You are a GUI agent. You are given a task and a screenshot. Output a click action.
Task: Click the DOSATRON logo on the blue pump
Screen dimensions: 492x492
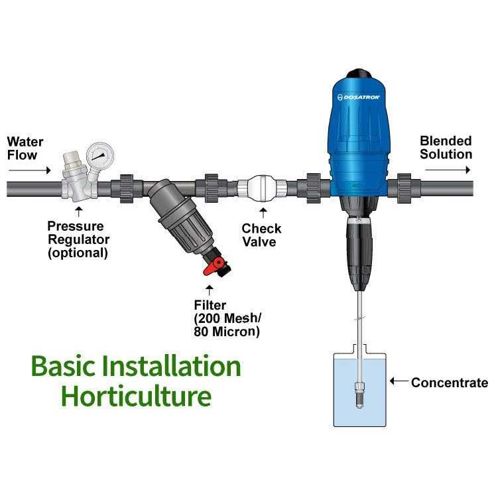[358, 97]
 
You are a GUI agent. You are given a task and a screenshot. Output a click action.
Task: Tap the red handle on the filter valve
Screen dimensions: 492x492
[213, 267]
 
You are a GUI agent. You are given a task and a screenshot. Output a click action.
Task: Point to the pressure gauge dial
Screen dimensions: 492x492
[99, 155]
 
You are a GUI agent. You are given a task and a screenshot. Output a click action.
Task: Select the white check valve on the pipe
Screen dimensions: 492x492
[262, 188]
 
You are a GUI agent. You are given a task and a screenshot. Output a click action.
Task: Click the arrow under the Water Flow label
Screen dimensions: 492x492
[29, 170]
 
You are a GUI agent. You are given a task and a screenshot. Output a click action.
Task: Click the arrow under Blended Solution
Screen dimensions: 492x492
[448, 170]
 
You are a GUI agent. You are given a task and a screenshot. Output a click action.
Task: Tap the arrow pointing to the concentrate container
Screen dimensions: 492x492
[399, 381]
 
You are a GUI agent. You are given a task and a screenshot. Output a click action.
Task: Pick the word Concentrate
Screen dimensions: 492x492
[450, 383]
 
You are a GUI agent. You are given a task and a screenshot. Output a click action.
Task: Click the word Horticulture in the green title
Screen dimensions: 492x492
[136, 396]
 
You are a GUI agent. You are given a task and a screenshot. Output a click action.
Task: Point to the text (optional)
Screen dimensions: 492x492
[78, 253]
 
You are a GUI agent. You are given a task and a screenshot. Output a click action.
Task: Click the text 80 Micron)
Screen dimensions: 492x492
[227, 332]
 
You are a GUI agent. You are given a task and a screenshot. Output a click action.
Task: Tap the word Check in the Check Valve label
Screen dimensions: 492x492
[261, 228]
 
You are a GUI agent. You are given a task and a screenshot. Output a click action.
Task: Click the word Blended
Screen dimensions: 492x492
[446, 141]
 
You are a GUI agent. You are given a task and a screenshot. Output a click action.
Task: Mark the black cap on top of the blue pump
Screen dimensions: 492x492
[359, 74]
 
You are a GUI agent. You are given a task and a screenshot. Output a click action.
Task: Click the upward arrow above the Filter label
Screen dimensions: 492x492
[210, 290]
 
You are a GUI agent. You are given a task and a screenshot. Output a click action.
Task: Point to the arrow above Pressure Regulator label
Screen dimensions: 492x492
[78, 212]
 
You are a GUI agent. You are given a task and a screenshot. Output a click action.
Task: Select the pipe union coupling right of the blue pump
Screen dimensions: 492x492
[404, 188]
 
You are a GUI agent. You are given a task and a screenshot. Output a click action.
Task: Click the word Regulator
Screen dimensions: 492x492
[79, 239]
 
